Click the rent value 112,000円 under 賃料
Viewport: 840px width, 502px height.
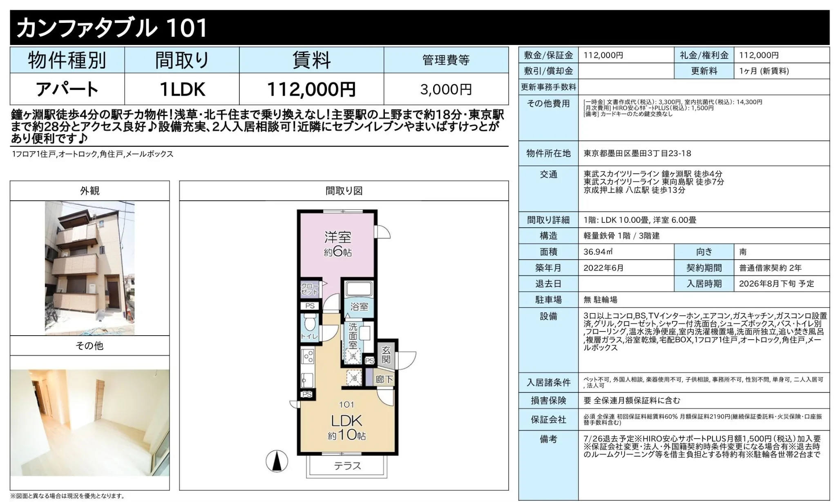[x=311, y=89]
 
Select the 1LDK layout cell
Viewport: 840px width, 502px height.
[x=182, y=89]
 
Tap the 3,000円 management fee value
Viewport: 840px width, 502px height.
[x=446, y=89]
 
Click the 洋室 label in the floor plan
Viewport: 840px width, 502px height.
[x=337, y=237]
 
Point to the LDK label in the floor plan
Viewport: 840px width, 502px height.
[x=346, y=421]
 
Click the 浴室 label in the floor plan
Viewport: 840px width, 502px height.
[x=360, y=306]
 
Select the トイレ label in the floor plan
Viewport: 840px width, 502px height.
[x=309, y=336]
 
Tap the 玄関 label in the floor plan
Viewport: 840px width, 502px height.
[x=386, y=355]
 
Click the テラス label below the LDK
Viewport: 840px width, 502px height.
[x=347, y=466]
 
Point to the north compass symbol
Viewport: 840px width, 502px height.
[x=277, y=462]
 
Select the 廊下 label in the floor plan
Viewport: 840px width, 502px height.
[x=384, y=380]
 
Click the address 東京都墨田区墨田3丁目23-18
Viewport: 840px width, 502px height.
[x=637, y=153]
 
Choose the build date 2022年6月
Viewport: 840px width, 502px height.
[x=603, y=268]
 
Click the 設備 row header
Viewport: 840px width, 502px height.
[x=548, y=316]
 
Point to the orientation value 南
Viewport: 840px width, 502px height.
[x=743, y=252]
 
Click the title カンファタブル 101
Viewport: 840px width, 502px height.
[x=112, y=28]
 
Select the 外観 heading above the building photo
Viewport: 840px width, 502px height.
[x=90, y=190]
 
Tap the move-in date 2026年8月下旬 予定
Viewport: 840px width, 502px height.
[x=776, y=284]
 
